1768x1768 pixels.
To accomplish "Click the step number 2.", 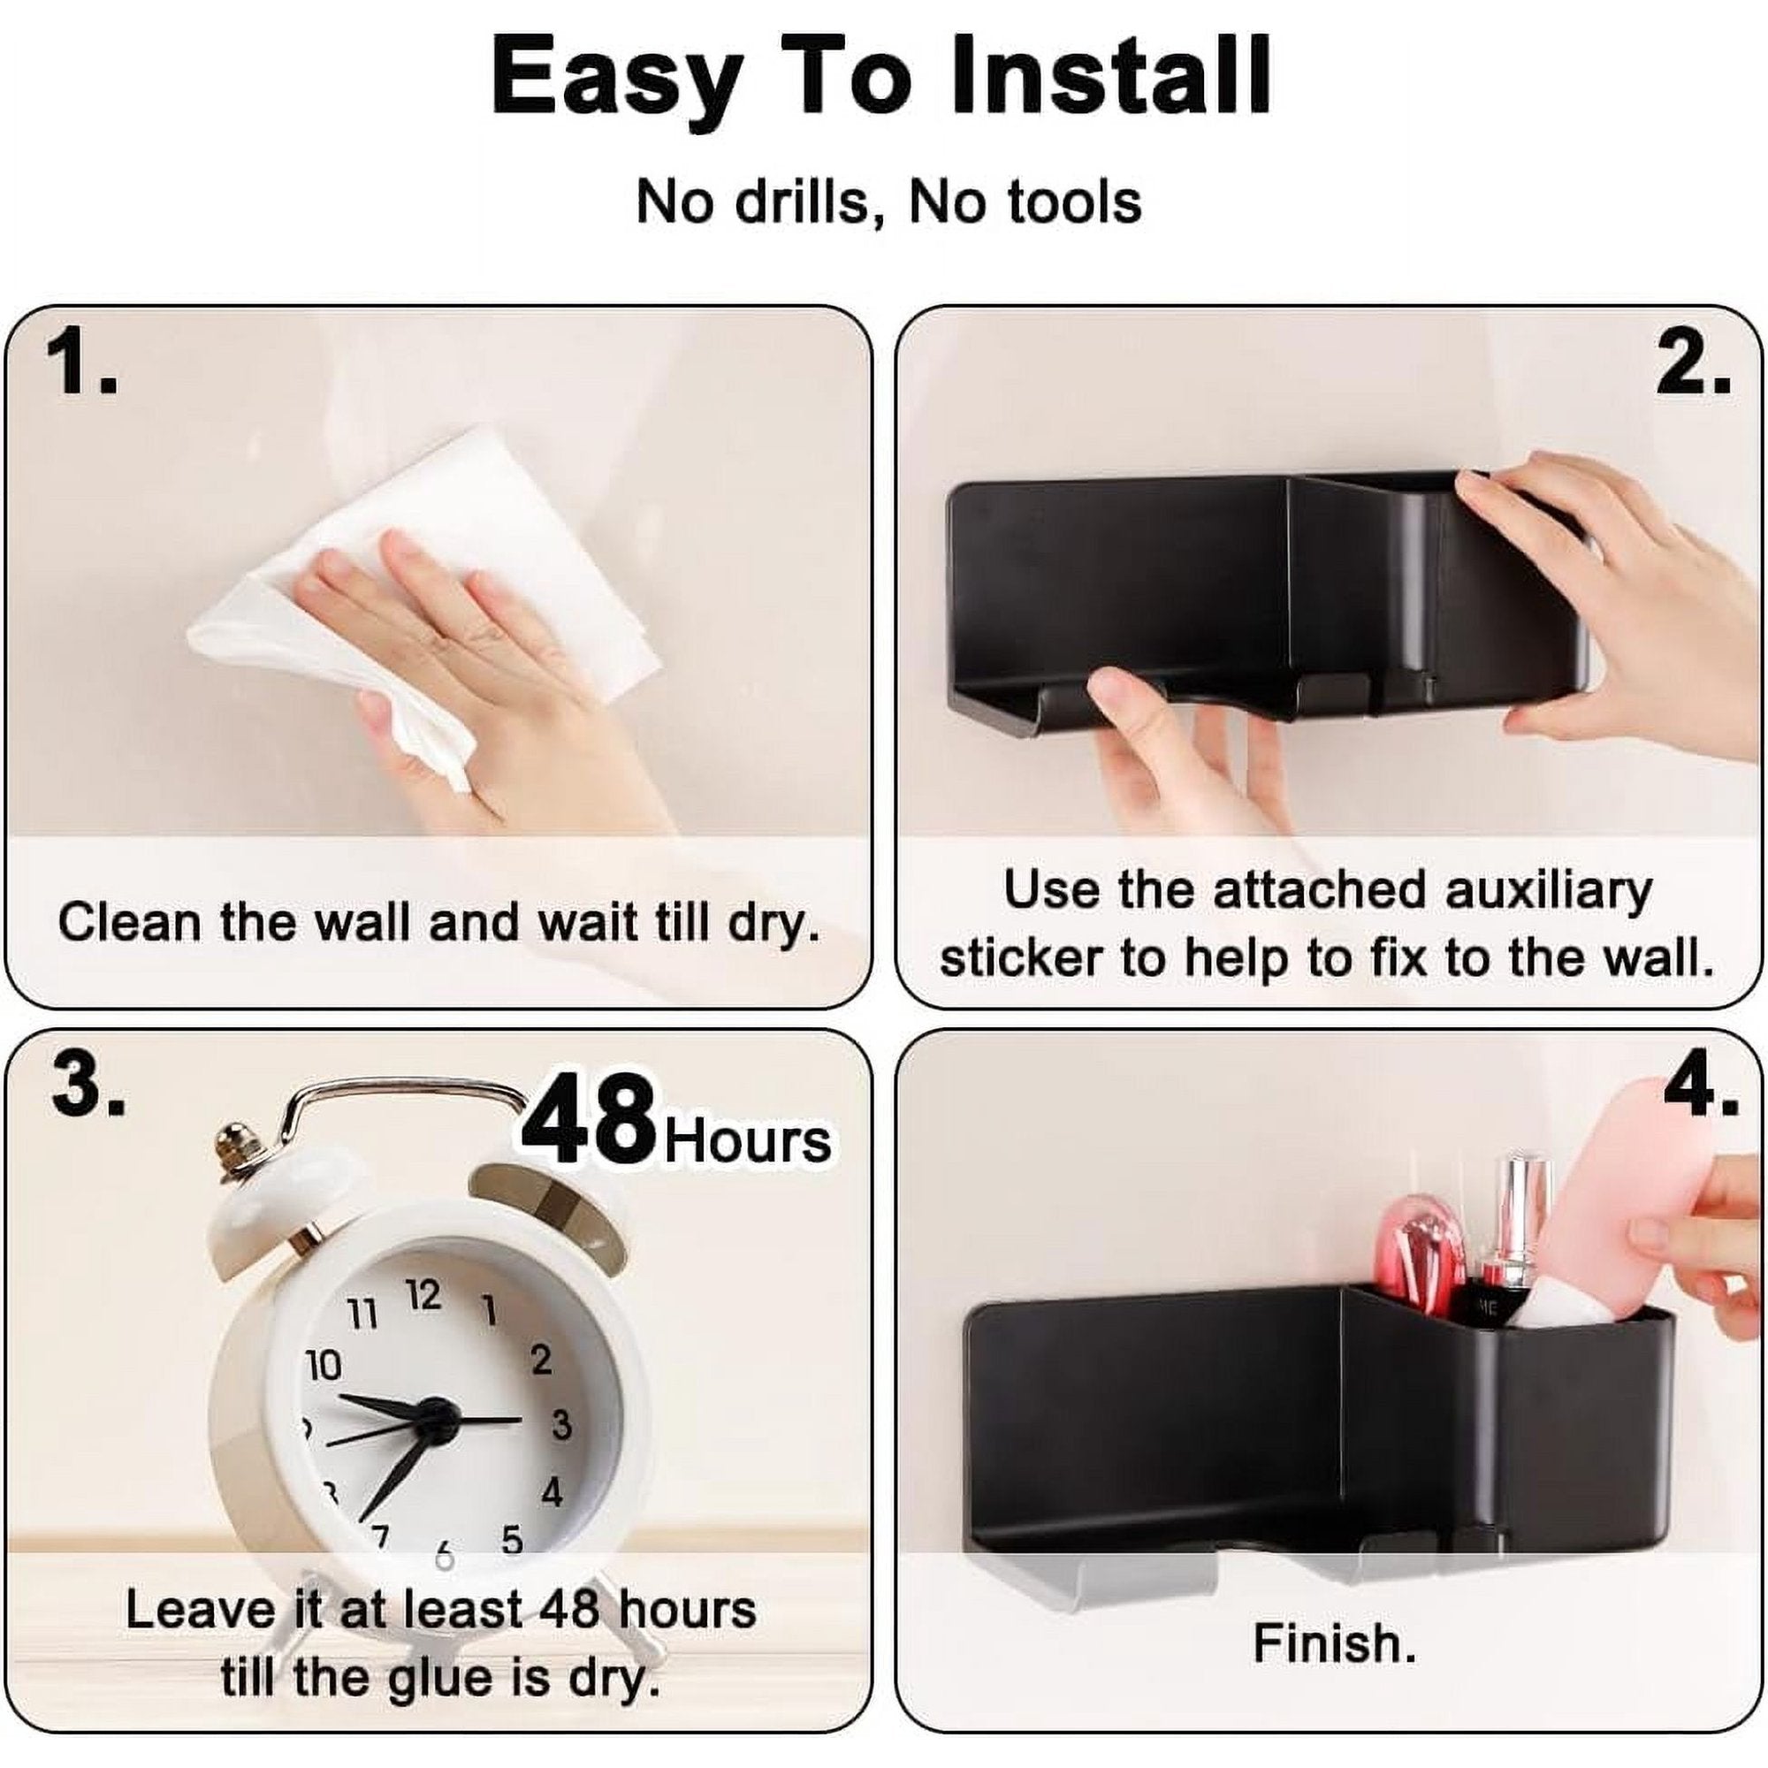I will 1693,365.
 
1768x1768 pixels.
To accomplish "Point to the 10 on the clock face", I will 322,1367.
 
